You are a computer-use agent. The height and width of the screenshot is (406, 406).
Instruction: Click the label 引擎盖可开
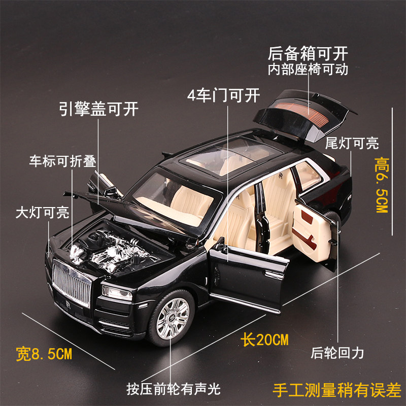coord(98,109)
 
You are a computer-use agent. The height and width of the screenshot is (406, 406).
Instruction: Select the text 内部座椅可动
coord(309,70)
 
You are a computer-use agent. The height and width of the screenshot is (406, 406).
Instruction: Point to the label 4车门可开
coord(223,94)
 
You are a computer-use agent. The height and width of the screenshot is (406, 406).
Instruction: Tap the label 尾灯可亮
coord(352,143)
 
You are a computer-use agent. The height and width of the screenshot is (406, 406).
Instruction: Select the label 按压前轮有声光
coord(174,390)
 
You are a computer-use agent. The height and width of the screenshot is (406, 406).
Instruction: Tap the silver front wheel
coord(172,319)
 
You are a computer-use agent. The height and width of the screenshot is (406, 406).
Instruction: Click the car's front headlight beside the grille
coord(116,292)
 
